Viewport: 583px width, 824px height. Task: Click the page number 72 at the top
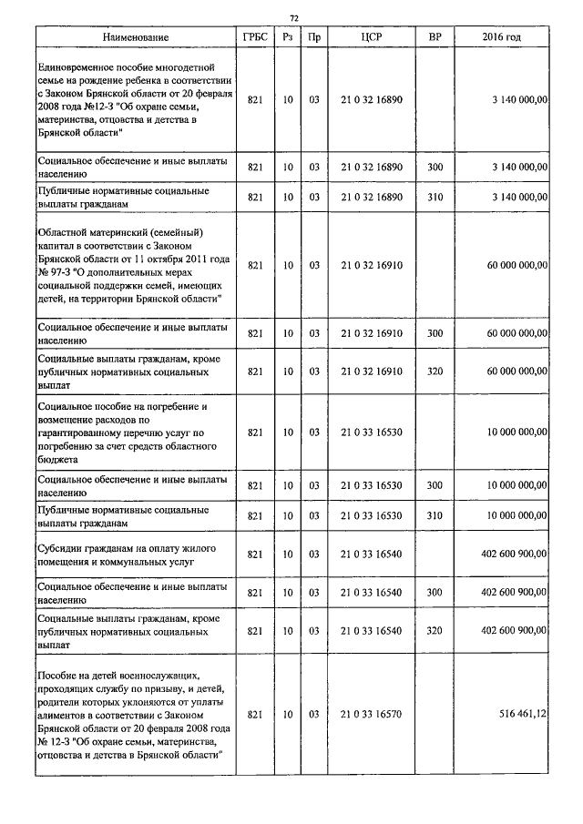coord(293,17)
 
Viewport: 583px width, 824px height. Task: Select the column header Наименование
coord(136,37)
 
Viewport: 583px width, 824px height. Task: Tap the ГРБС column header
coord(255,37)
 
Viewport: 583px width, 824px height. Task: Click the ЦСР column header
coord(371,37)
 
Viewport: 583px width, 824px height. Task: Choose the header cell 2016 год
coord(501,37)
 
